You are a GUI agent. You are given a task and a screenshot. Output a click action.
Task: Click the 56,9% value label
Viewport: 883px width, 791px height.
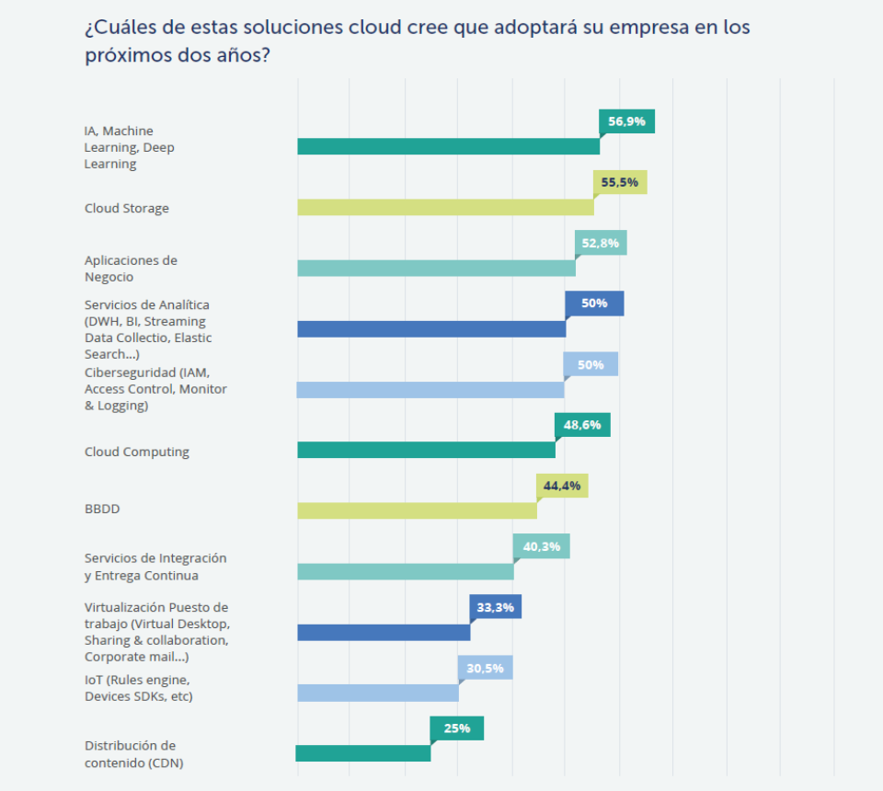click(626, 121)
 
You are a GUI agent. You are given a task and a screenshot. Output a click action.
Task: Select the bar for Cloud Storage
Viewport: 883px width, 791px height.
click(445, 207)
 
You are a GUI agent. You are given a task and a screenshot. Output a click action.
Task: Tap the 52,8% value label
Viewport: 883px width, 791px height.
click(602, 243)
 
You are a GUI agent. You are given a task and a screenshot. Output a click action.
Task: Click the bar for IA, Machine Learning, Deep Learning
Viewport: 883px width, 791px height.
click(448, 146)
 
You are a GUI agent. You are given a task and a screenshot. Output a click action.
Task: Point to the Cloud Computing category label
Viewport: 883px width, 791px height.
click(137, 452)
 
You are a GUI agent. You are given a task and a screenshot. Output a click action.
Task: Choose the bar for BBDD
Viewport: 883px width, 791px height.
click(417, 510)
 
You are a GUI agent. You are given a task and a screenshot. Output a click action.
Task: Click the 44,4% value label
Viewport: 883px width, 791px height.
click(562, 486)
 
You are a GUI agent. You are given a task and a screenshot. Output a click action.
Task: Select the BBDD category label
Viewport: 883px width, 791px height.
click(102, 509)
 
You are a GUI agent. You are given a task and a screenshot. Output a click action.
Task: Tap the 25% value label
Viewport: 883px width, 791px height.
click(457, 728)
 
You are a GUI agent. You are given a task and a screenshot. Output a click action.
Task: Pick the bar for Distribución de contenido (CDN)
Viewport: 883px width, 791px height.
click(363, 753)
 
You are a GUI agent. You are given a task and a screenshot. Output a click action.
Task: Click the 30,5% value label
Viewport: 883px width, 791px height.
click(485, 668)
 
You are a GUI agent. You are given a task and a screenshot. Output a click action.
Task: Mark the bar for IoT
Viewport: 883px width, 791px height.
click(377, 693)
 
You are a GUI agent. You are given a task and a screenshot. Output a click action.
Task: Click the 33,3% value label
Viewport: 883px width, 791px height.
click(496, 607)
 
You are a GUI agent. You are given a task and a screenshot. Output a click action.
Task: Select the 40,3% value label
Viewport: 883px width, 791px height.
click(542, 546)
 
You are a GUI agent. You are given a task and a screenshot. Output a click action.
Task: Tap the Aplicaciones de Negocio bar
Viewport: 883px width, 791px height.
click(436, 268)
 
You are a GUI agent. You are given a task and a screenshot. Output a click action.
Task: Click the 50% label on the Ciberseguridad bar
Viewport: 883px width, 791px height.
click(591, 364)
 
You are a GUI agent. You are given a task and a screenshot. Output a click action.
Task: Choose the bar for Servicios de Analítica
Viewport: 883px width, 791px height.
click(431, 328)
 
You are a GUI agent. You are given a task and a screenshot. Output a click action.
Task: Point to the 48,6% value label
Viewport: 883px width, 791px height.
click(582, 425)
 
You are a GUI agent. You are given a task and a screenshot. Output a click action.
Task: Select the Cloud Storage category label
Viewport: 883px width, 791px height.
click(127, 208)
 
